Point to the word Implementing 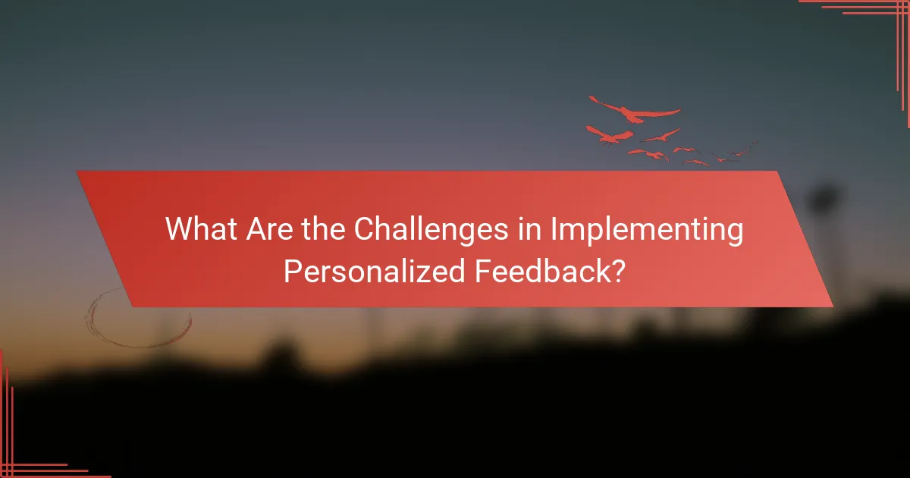[x=647, y=230]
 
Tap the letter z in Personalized [x=425, y=271]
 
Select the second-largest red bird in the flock [x=610, y=135]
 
